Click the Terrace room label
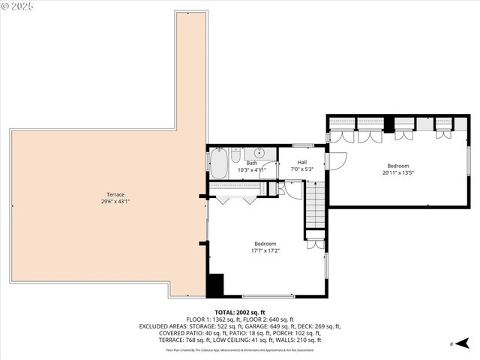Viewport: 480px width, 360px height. pyautogui.click(x=115, y=195)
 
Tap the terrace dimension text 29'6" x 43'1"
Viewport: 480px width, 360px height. pyautogui.click(x=115, y=202)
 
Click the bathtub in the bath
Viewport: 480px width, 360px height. pyautogui.click(x=218, y=164)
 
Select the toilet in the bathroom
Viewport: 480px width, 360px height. pyautogui.click(x=235, y=157)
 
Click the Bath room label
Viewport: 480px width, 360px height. pyautogui.click(x=252, y=163)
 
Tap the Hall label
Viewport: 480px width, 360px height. pyautogui.click(x=301, y=162)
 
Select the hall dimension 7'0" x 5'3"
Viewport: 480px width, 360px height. pyautogui.click(x=301, y=169)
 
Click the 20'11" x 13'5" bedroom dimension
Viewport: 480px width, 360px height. pyautogui.click(x=397, y=172)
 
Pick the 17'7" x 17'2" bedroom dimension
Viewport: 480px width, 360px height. pyautogui.click(x=265, y=250)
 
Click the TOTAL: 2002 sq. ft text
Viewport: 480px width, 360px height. pyautogui.click(x=240, y=313)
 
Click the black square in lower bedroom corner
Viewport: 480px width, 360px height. pyautogui.click(x=215, y=286)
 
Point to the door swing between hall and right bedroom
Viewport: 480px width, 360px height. pyautogui.click(x=337, y=160)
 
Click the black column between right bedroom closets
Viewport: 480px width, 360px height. pyautogui.click(x=388, y=124)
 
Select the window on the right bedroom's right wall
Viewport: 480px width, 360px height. pyautogui.click(x=468, y=160)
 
